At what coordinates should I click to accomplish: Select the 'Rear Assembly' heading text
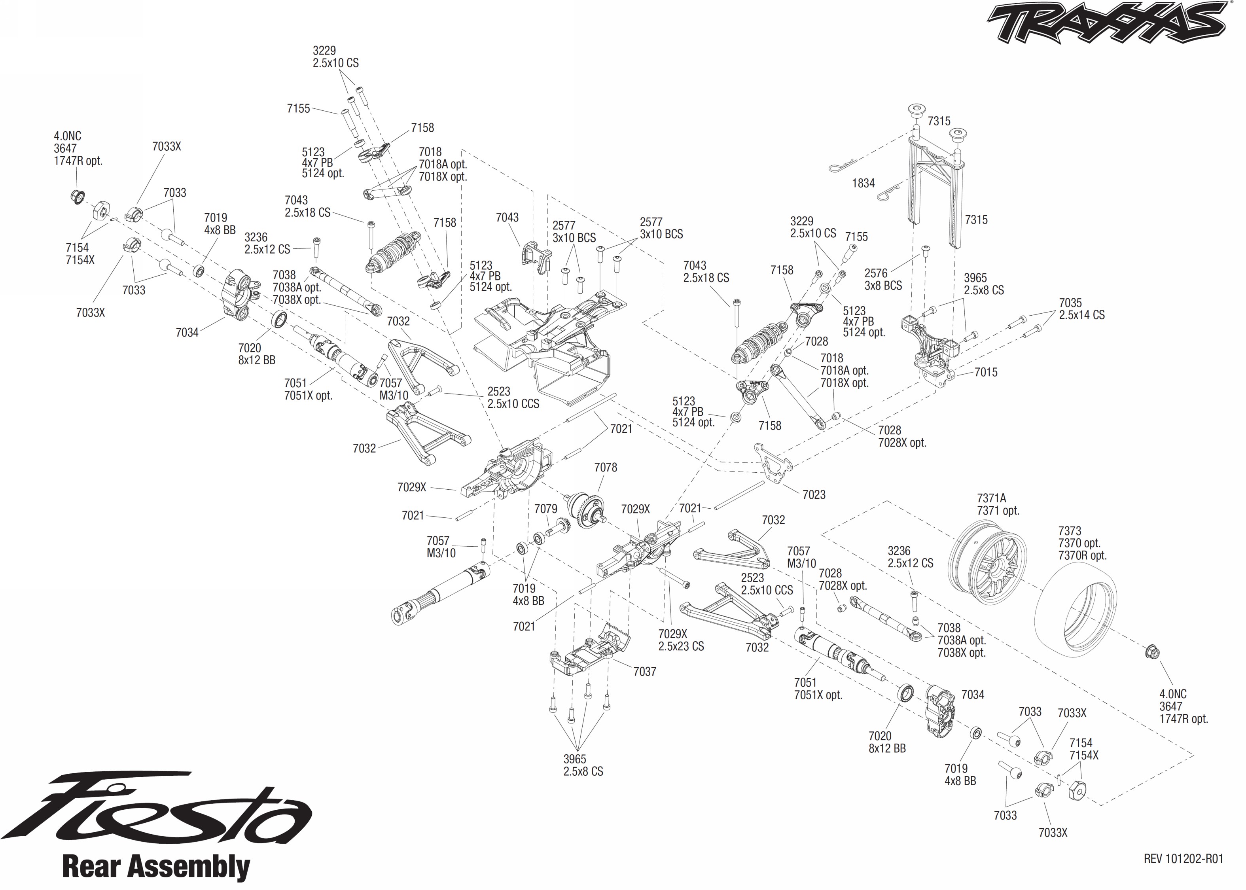(x=156, y=867)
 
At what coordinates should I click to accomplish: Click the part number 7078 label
(x=606, y=468)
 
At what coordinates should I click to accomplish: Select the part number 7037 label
(x=644, y=672)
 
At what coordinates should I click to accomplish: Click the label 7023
(x=814, y=495)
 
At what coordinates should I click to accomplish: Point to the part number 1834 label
(x=863, y=184)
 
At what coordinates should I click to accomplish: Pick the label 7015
(x=986, y=373)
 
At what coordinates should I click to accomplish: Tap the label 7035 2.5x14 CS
(x=1081, y=309)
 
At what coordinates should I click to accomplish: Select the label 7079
(x=546, y=509)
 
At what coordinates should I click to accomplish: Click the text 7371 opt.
(x=998, y=511)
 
